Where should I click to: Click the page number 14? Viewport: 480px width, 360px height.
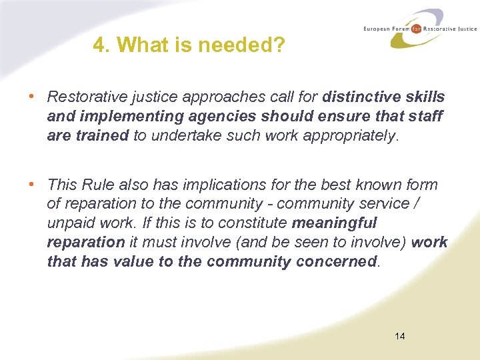click(x=399, y=335)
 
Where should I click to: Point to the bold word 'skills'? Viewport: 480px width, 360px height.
click(x=424, y=97)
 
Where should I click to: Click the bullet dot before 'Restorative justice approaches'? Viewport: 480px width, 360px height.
click(x=31, y=97)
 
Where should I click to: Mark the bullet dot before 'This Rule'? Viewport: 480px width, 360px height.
click(x=31, y=184)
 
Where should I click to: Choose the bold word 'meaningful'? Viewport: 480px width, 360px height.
click(x=334, y=223)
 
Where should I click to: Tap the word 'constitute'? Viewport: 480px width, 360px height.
click(x=255, y=223)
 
